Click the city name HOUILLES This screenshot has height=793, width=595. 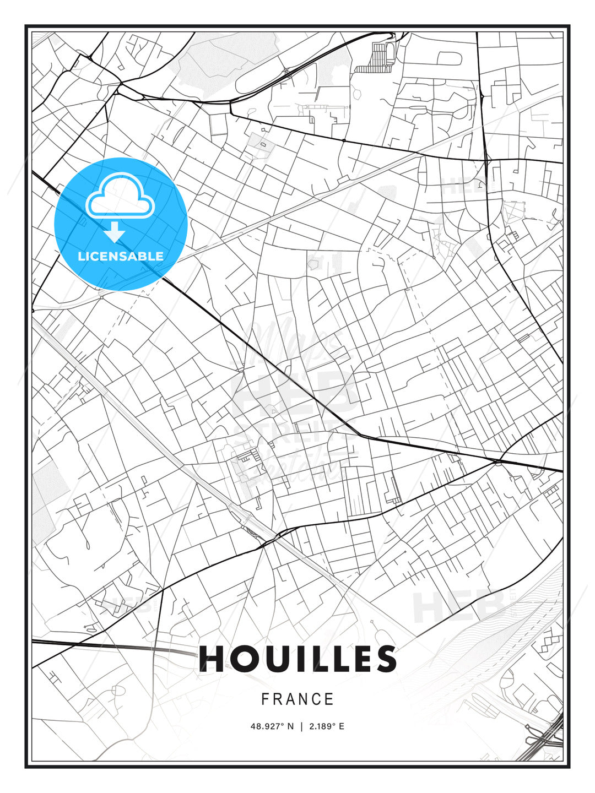(x=297, y=659)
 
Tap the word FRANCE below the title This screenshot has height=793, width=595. (x=297, y=699)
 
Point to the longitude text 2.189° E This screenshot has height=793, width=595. (x=327, y=726)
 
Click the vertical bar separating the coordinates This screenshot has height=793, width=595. (x=301, y=726)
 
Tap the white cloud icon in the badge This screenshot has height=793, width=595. (x=119, y=197)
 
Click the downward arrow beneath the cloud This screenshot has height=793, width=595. (x=115, y=232)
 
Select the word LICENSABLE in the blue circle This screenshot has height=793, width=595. (x=121, y=256)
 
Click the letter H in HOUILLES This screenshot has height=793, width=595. (x=212, y=659)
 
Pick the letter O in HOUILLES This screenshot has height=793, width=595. (x=243, y=659)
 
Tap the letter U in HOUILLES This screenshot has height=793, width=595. (x=275, y=659)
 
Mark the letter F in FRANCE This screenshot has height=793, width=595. (x=265, y=699)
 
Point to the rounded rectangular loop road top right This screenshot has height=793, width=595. (x=449, y=58)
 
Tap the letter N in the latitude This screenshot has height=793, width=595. (x=290, y=726)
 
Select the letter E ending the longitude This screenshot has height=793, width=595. (x=342, y=726)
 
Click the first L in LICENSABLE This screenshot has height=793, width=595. (x=81, y=256)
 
